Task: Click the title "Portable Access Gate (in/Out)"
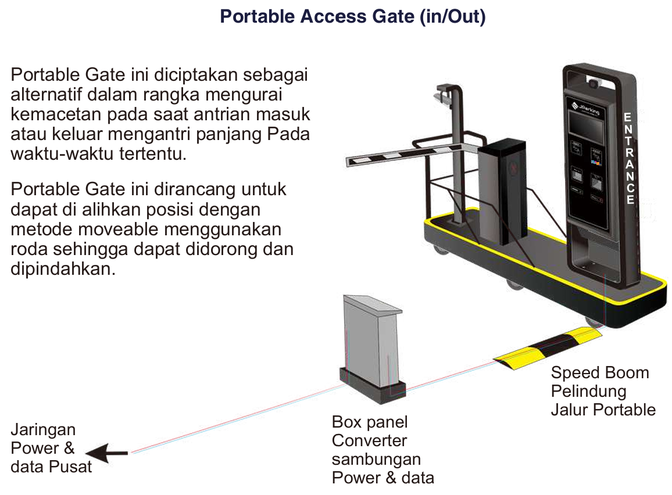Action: (x=352, y=17)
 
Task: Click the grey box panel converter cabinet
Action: (x=372, y=343)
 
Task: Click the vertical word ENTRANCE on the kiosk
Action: (x=628, y=158)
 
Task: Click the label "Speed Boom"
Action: (x=600, y=372)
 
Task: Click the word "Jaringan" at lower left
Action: (x=44, y=430)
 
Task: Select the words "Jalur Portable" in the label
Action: (x=603, y=410)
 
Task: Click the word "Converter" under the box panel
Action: (x=370, y=440)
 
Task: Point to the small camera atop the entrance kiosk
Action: (x=594, y=84)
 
